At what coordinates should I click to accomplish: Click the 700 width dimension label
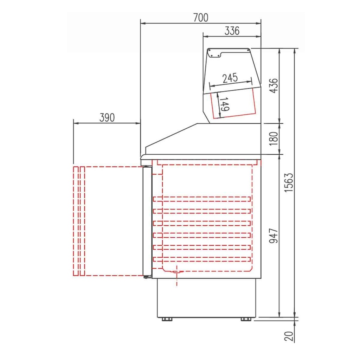pos(201,18)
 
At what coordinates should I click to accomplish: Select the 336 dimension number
pos(232,31)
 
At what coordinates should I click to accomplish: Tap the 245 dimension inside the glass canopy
pos(230,78)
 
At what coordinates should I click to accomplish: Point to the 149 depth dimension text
pos(224,104)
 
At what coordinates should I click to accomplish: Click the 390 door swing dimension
pos(107,117)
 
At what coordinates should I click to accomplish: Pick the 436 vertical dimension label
pos(274,86)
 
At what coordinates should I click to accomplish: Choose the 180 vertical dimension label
pos(274,139)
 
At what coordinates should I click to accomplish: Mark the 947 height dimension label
pos(274,236)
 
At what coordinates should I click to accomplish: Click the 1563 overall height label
pos(289,183)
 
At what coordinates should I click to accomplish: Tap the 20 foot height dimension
pos(289,336)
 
